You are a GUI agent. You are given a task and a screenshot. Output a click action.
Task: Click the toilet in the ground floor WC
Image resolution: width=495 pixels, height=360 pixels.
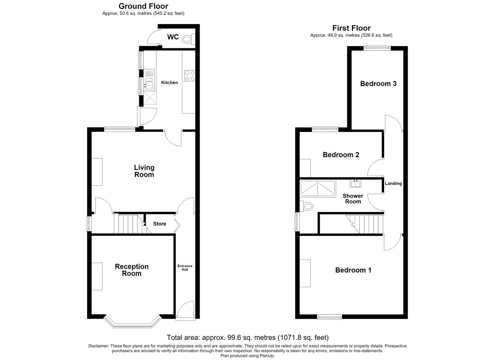(x=188, y=39)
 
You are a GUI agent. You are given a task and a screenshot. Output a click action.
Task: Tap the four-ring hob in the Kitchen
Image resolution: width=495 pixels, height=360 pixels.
(x=190, y=75)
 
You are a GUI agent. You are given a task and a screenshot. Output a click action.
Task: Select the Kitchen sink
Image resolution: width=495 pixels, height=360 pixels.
(x=149, y=80)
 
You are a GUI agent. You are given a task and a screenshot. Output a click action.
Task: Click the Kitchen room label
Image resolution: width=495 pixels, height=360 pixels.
(x=169, y=83)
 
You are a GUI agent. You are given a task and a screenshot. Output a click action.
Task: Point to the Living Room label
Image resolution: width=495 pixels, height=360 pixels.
(x=144, y=171)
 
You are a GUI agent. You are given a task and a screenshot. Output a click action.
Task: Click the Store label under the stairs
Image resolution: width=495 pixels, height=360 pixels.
(x=160, y=224)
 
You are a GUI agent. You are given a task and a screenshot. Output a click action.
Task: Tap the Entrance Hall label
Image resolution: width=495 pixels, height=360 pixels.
(x=185, y=268)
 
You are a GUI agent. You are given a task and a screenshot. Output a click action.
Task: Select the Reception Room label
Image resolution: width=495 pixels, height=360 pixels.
(x=132, y=270)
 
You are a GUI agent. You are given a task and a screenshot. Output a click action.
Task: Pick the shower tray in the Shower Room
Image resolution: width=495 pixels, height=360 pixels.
(x=318, y=189)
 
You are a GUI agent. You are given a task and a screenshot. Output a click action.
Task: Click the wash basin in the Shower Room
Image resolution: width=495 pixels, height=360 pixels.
(x=355, y=184)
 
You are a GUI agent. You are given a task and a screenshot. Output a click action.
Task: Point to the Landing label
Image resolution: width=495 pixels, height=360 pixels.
(x=393, y=183)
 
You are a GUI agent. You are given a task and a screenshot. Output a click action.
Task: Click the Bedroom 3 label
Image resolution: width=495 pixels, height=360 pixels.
(x=378, y=84)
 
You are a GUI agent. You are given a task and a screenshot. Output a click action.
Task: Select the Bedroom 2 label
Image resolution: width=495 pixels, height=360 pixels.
(x=341, y=155)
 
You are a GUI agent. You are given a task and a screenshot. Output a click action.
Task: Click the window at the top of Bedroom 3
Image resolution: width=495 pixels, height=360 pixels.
(x=377, y=48)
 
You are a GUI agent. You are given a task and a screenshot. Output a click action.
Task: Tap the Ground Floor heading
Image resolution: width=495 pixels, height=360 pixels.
(x=143, y=6)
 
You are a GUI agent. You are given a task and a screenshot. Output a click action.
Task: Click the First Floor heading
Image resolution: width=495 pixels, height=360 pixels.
(x=352, y=28)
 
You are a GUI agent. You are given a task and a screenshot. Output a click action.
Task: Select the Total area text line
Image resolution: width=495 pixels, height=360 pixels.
(x=248, y=338)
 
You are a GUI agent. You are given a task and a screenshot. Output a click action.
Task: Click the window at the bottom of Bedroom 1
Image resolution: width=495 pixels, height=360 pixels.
(x=329, y=317)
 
